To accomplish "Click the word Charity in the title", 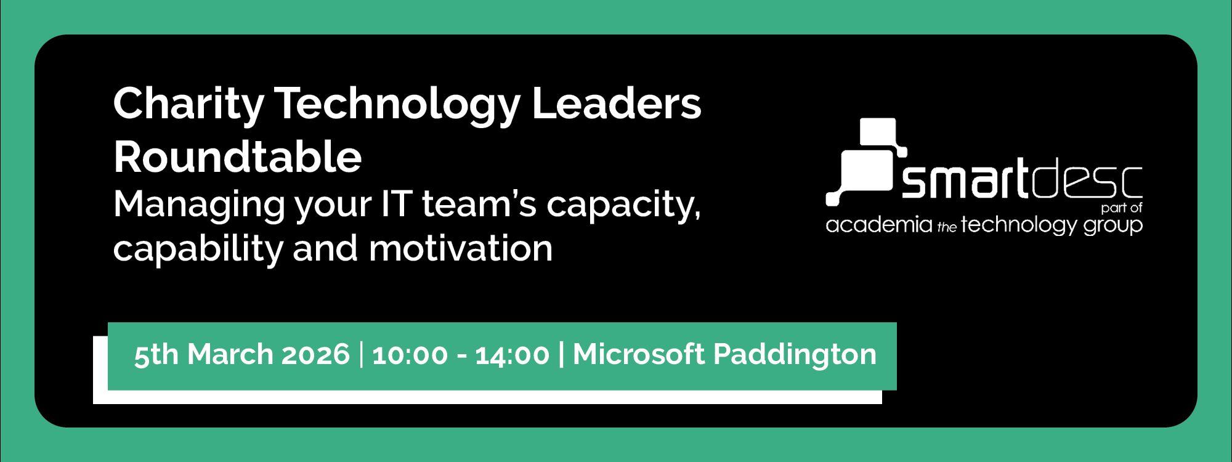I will tap(188, 104).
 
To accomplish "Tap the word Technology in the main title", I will tap(397, 104).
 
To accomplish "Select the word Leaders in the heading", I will tap(616, 103).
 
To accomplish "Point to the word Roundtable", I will tap(237, 156).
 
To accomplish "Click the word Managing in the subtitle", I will tap(199, 205).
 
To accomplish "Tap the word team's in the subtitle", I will tap(479, 204).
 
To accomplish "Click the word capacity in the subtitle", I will tap(623, 205).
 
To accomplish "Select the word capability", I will tap(197, 249).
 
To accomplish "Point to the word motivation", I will tap(461, 248).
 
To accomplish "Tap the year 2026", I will tap(315, 355).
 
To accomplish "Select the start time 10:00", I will tap(410, 355).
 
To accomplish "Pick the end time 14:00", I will tap(512, 355).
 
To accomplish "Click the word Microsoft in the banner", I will tap(638, 354).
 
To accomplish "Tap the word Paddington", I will tap(795, 355).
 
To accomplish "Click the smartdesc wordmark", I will tap(1022, 180).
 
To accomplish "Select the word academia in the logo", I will tap(878, 225).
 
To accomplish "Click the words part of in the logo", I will tap(1121, 208).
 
